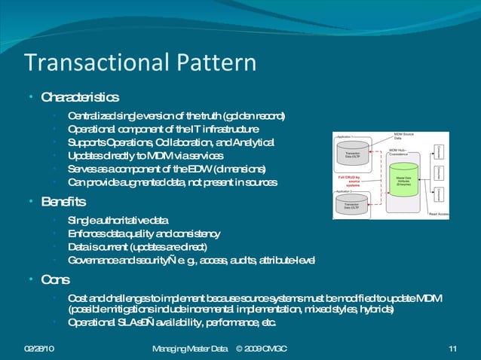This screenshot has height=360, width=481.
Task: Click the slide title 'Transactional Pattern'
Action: [x=139, y=63]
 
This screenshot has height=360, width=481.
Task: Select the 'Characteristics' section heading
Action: [x=79, y=98]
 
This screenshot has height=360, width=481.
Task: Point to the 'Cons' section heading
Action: [x=55, y=279]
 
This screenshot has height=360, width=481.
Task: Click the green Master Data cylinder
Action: [x=403, y=179]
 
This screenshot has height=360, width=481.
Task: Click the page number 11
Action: [x=452, y=347]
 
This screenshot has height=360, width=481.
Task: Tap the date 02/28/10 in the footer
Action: [x=39, y=347]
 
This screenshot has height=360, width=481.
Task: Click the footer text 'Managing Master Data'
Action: [x=189, y=347]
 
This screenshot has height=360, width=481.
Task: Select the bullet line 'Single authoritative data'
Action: [x=118, y=220]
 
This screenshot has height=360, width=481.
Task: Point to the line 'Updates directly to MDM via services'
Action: [x=145, y=155]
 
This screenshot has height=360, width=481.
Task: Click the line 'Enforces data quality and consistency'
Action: [x=143, y=233]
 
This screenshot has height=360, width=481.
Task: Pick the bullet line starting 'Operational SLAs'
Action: [x=172, y=323]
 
